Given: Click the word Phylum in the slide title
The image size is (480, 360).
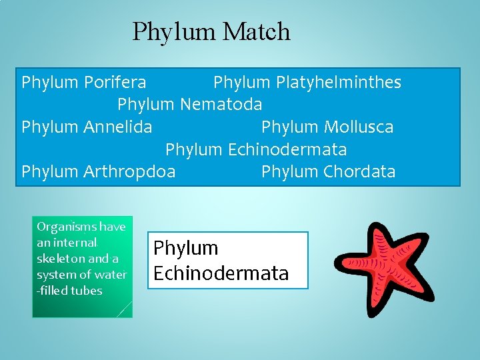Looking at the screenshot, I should click(175, 32).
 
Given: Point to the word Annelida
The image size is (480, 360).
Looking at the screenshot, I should click(118, 127).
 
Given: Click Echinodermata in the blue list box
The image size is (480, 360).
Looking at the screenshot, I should click(287, 149).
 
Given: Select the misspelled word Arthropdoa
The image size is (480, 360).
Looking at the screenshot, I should click(129, 171).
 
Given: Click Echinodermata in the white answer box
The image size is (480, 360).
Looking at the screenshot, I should click(221, 273).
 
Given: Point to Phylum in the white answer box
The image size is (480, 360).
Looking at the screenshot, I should click(186, 248).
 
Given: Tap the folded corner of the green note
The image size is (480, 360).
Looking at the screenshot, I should click(125, 309).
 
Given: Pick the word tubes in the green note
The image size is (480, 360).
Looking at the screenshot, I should click(88, 291).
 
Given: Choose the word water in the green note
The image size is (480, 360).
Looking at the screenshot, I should click(111, 275).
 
